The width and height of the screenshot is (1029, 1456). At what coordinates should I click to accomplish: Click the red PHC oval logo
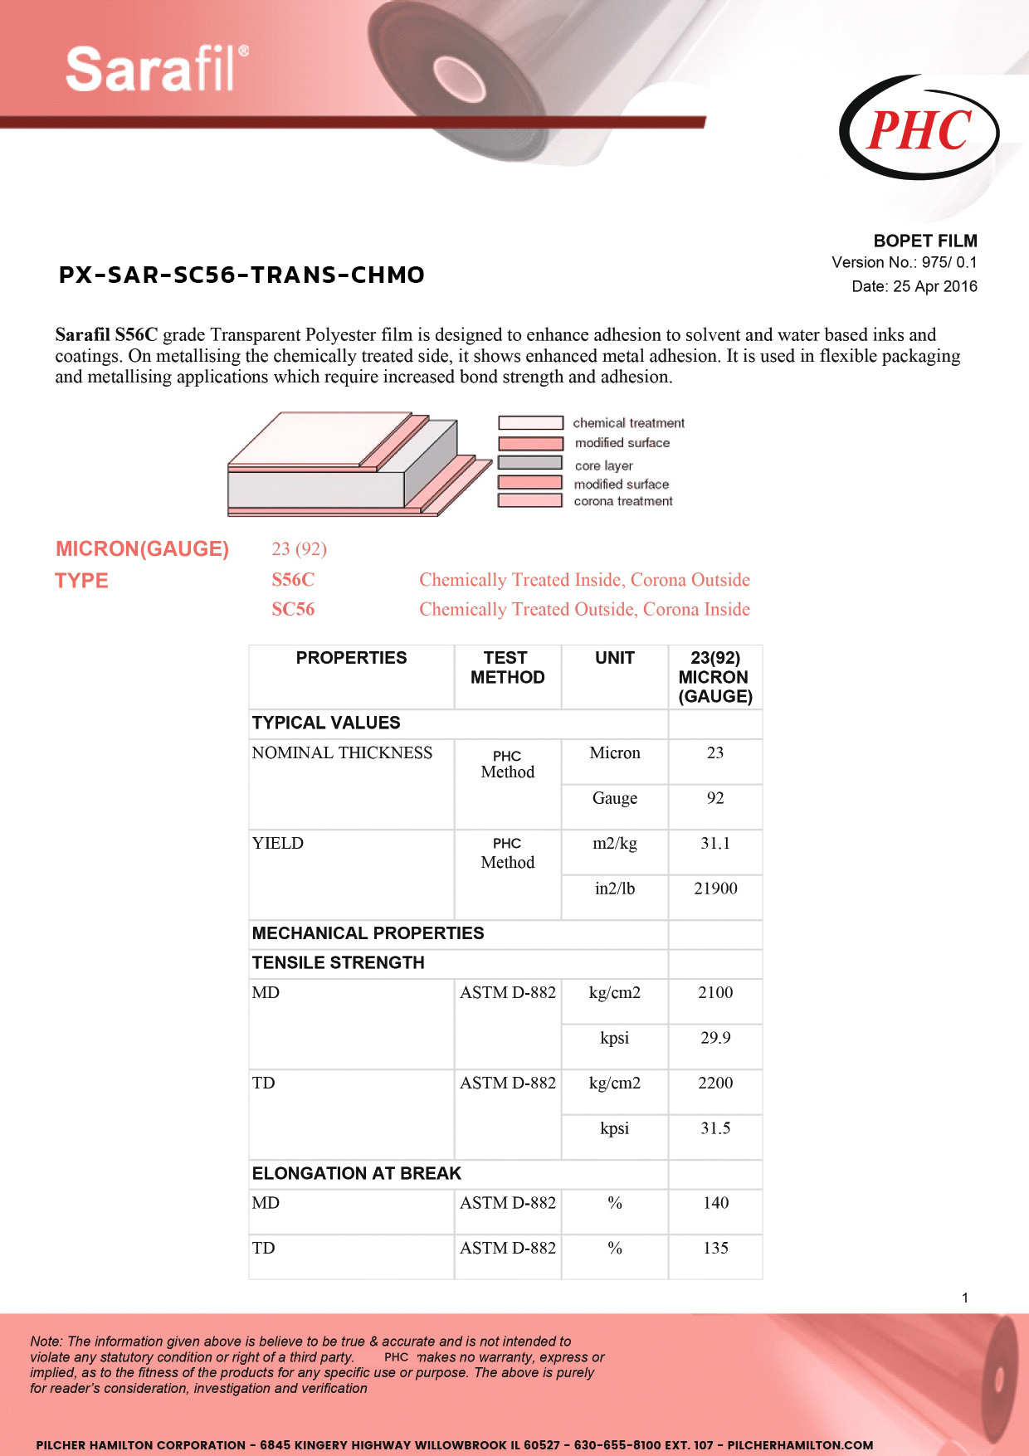tap(919, 129)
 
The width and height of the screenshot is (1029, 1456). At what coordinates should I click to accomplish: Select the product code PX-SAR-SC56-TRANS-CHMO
tap(241, 275)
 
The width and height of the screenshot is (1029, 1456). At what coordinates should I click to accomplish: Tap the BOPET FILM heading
tap(924, 241)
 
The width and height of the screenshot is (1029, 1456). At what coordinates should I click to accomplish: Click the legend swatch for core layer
tap(530, 463)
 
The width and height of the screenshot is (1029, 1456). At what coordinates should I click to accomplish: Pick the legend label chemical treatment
tap(628, 423)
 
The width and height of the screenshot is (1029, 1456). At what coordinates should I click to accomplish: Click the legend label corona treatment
tap(622, 501)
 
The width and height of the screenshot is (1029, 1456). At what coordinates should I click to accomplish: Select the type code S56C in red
tap(293, 580)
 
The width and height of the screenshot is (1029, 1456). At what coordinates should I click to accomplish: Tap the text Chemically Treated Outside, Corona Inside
tap(584, 609)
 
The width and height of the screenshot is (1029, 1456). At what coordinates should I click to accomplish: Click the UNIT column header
tap(614, 658)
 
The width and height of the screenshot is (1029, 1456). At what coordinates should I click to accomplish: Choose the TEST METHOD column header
tap(507, 668)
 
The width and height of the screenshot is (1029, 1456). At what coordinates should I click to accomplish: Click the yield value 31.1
tap(714, 843)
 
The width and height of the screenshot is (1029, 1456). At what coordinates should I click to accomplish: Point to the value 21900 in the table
tap(715, 889)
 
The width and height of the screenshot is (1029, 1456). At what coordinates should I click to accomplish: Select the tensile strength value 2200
tap(715, 1083)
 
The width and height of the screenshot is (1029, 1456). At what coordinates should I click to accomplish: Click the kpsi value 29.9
tap(715, 1038)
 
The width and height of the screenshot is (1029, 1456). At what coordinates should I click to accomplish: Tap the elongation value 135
tap(715, 1248)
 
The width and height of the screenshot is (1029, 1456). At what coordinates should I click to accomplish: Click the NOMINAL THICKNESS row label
tap(342, 752)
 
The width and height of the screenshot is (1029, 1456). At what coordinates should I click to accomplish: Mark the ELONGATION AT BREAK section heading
tap(356, 1173)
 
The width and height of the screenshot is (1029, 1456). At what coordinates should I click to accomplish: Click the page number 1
tap(965, 1298)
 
